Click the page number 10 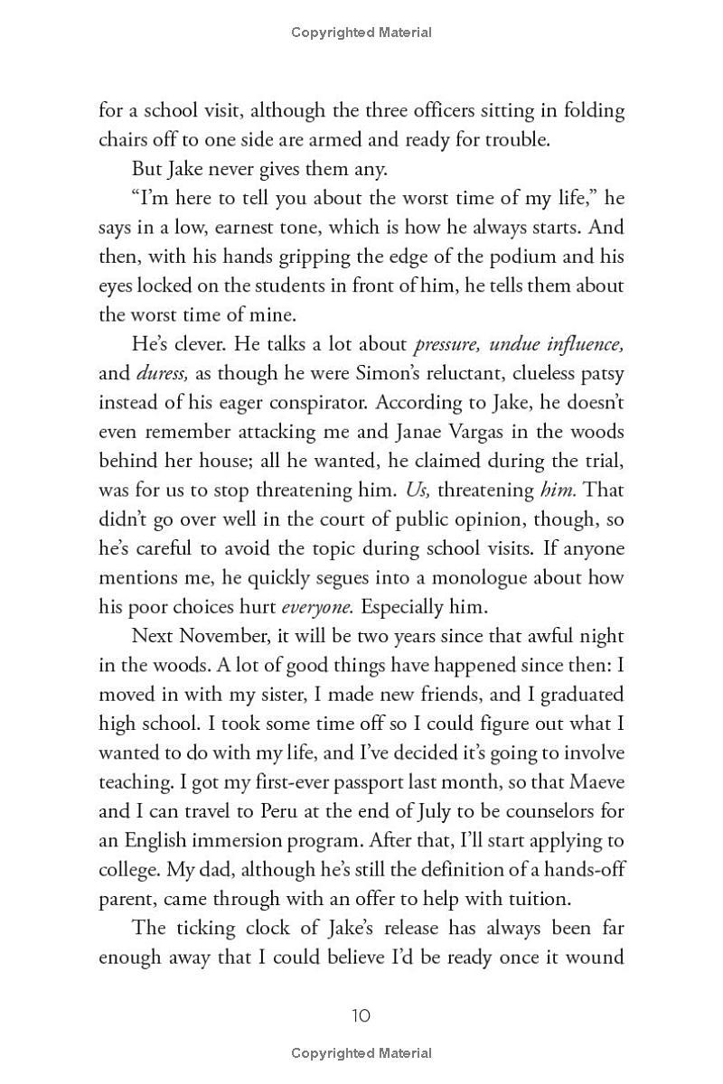coord(361,1015)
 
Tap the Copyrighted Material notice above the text coord(361,33)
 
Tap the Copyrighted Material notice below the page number coord(361,1052)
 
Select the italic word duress coord(163,373)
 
